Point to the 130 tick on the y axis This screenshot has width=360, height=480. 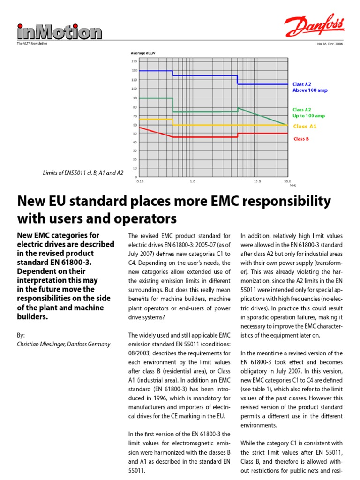pyautogui.click(x=134, y=61)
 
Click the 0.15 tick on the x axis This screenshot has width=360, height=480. pyautogui.click(x=140, y=180)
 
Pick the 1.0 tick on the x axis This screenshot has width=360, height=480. pyautogui.click(x=192, y=180)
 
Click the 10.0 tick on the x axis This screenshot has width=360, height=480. pyautogui.click(x=257, y=180)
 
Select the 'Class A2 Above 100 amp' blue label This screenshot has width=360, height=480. pyautogui.click(x=309, y=87)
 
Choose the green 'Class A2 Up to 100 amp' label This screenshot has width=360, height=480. pyautogui.click(x=308, y=112)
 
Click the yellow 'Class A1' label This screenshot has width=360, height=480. pyautogui.click(x=305, y=126)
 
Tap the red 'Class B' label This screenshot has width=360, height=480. pyautogui.click(x=301, y=139)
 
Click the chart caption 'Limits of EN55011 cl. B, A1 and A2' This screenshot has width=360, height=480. pyautogui.click(x=83, y=173)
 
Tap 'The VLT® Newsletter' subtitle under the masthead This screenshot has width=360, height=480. pyautogui.click(x=32, y=44)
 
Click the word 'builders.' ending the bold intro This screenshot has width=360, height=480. pyautogui.click(x=35, y=317)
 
